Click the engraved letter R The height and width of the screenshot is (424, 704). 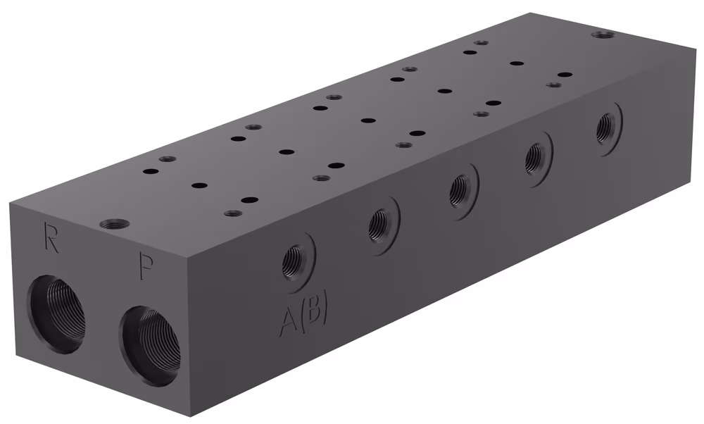[51, 236]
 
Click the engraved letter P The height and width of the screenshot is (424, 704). [147, 267]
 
